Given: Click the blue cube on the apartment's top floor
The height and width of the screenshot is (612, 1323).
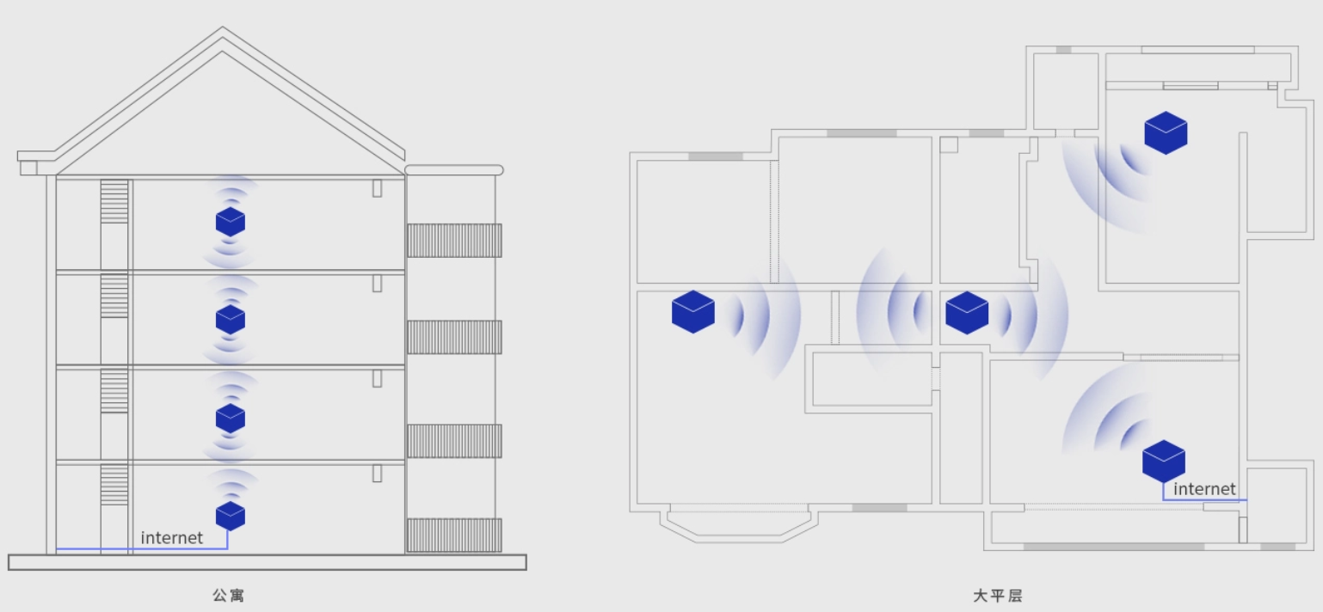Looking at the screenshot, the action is (231, 222).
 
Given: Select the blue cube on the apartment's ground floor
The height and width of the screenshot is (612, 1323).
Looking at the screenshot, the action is (231, 517).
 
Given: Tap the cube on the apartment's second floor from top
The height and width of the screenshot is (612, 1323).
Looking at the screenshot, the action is (231, 320).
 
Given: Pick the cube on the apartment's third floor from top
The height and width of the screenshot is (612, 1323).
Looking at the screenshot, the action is (231, 419).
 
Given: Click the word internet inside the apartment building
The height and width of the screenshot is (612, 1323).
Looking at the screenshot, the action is (171, 537).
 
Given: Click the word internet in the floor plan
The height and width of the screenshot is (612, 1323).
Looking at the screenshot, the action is (1204, 489).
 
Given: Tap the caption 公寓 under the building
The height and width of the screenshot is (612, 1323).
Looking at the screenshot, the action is (229, 595).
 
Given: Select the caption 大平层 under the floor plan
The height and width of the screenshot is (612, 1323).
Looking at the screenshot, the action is (998, 596).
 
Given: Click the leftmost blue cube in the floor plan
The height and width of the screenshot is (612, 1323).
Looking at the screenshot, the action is (693, 312).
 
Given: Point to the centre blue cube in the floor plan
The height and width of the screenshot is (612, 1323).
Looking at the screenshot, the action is (967, 313).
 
